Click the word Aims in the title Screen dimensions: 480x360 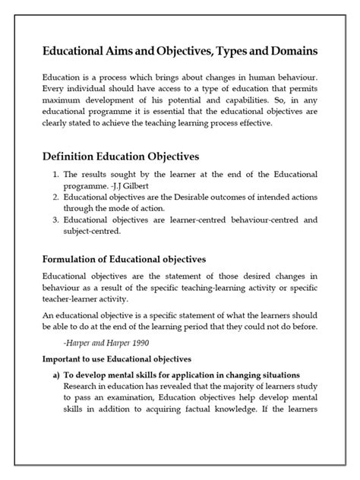[x=127, y=50]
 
